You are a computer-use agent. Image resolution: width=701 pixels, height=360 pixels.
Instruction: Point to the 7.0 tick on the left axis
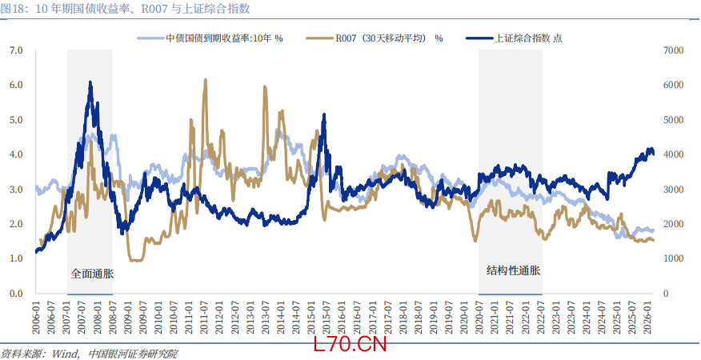15,50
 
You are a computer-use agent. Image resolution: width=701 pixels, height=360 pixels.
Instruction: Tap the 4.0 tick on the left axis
15,154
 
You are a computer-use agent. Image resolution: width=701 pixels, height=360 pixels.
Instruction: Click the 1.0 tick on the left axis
15,258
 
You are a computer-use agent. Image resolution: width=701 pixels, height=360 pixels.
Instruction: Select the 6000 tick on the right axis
674,85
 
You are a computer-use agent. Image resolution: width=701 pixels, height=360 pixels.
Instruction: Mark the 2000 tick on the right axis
674,224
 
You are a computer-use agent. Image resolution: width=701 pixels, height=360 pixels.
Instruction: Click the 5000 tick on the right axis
674,120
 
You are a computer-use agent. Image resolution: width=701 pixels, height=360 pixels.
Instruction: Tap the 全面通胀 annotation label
92,273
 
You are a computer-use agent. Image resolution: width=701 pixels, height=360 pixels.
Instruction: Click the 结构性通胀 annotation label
513,270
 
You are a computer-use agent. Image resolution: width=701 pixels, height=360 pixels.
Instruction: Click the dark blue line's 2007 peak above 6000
90,82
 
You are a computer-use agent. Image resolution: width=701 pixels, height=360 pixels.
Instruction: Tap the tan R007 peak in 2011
206,80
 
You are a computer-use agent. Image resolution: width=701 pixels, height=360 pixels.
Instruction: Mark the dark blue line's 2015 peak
323,114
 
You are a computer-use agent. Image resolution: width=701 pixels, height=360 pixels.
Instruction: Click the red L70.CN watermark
350,345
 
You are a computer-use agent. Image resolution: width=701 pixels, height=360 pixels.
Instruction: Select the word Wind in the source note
65,354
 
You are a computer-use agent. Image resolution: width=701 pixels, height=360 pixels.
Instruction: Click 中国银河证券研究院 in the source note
133,354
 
